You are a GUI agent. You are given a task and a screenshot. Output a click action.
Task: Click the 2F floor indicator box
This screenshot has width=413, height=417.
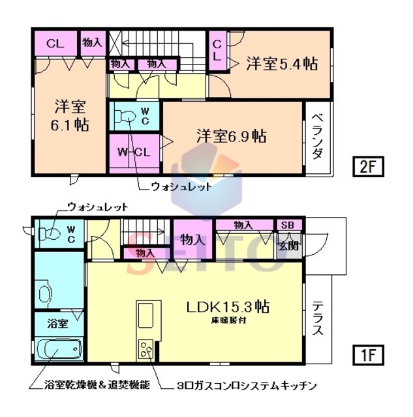point(368,167)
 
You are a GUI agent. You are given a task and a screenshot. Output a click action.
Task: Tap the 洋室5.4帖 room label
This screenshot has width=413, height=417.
point(282,64)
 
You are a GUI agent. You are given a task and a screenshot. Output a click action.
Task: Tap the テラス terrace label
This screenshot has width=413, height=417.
point(318,318)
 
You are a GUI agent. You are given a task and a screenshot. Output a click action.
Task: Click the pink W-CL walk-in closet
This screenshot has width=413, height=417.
point(134,152)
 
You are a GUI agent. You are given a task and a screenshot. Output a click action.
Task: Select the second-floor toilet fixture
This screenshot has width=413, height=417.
point(125,117)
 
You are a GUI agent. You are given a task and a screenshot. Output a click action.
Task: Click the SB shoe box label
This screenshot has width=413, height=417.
point(288,225)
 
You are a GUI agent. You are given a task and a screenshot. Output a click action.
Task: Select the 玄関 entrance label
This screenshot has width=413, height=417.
point(286,246)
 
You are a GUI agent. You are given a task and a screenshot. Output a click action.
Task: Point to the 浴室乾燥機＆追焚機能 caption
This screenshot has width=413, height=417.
point(89,385)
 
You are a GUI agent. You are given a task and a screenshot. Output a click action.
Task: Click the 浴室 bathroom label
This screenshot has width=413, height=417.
point(57,323)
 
